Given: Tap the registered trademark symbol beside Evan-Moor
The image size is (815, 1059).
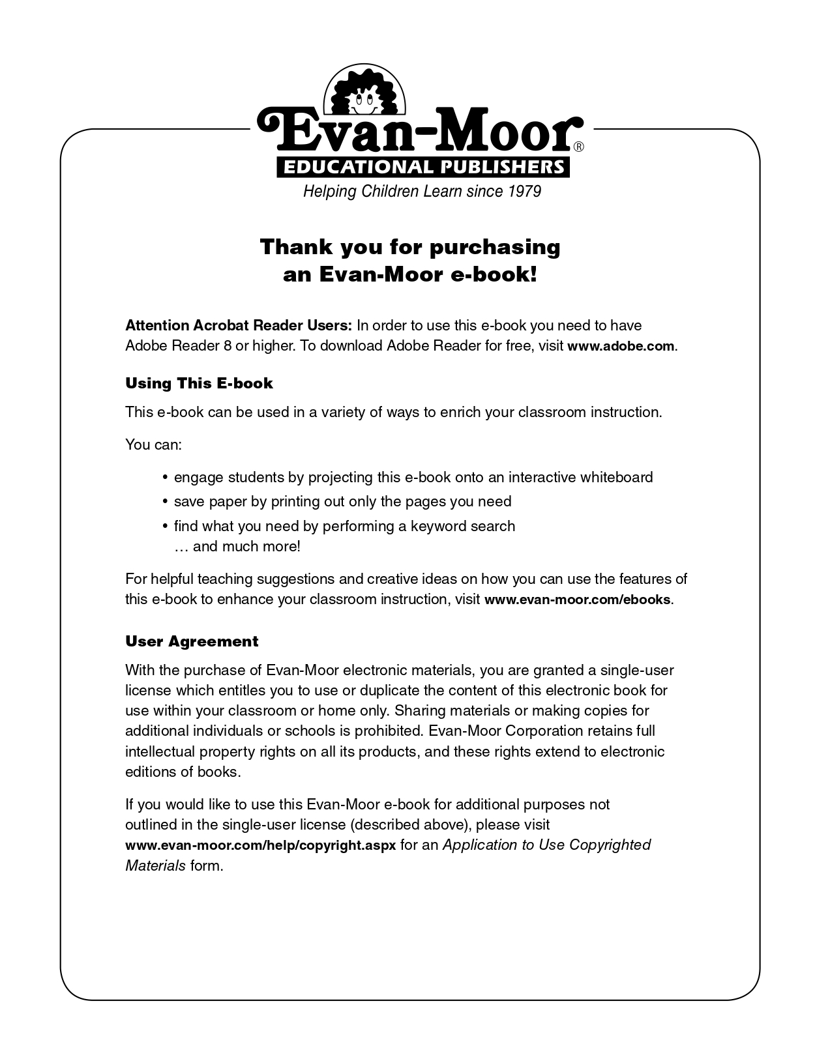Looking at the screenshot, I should tap(578, 147).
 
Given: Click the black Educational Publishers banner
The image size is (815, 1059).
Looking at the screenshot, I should tap(423, 167).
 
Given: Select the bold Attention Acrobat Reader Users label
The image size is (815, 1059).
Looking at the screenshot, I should tap(239, 325).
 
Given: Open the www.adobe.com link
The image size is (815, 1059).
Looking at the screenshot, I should tap(621, 346).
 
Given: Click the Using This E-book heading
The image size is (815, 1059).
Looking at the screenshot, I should tap(199, 383).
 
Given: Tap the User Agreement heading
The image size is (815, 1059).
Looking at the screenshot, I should tap(192, 641).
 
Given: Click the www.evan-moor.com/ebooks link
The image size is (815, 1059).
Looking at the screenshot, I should tap(577, 600).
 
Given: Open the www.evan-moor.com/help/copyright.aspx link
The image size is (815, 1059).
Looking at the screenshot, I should tap(260, 845).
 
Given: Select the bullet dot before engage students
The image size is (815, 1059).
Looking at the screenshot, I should tap(165, 478).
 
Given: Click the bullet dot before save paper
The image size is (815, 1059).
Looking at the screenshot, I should tap(165, 502).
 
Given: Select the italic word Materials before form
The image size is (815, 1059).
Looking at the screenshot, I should tap(155, 865).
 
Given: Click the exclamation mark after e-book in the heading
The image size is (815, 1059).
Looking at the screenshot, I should tap(534, 274).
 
